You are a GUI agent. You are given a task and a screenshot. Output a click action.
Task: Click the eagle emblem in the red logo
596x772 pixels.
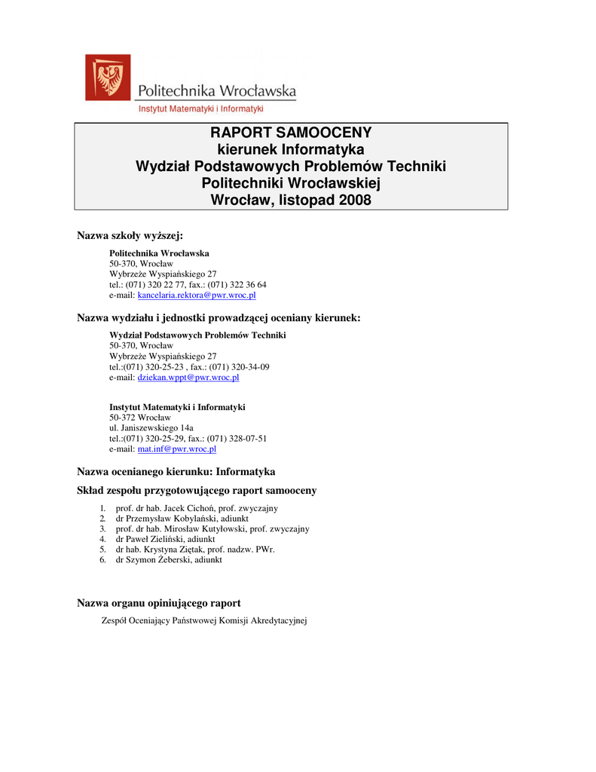(x=107, y=76)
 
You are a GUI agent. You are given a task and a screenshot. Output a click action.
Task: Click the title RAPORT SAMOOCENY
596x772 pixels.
(x=290, y=133)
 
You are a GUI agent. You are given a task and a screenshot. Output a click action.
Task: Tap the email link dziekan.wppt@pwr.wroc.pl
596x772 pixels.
(x=188, y=377)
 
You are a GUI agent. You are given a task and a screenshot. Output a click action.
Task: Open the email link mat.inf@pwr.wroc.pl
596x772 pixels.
(x=176, y=449)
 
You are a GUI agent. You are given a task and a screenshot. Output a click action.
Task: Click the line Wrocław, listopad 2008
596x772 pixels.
(x=290, y=201)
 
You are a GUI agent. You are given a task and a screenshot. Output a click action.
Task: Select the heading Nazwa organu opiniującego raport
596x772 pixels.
(x=159, y=602)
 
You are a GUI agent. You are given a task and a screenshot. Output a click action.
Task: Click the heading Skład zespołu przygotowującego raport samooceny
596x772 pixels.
(x=197, y=490)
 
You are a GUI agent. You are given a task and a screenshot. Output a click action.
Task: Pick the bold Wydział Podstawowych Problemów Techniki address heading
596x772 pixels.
(x=197, y=335)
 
